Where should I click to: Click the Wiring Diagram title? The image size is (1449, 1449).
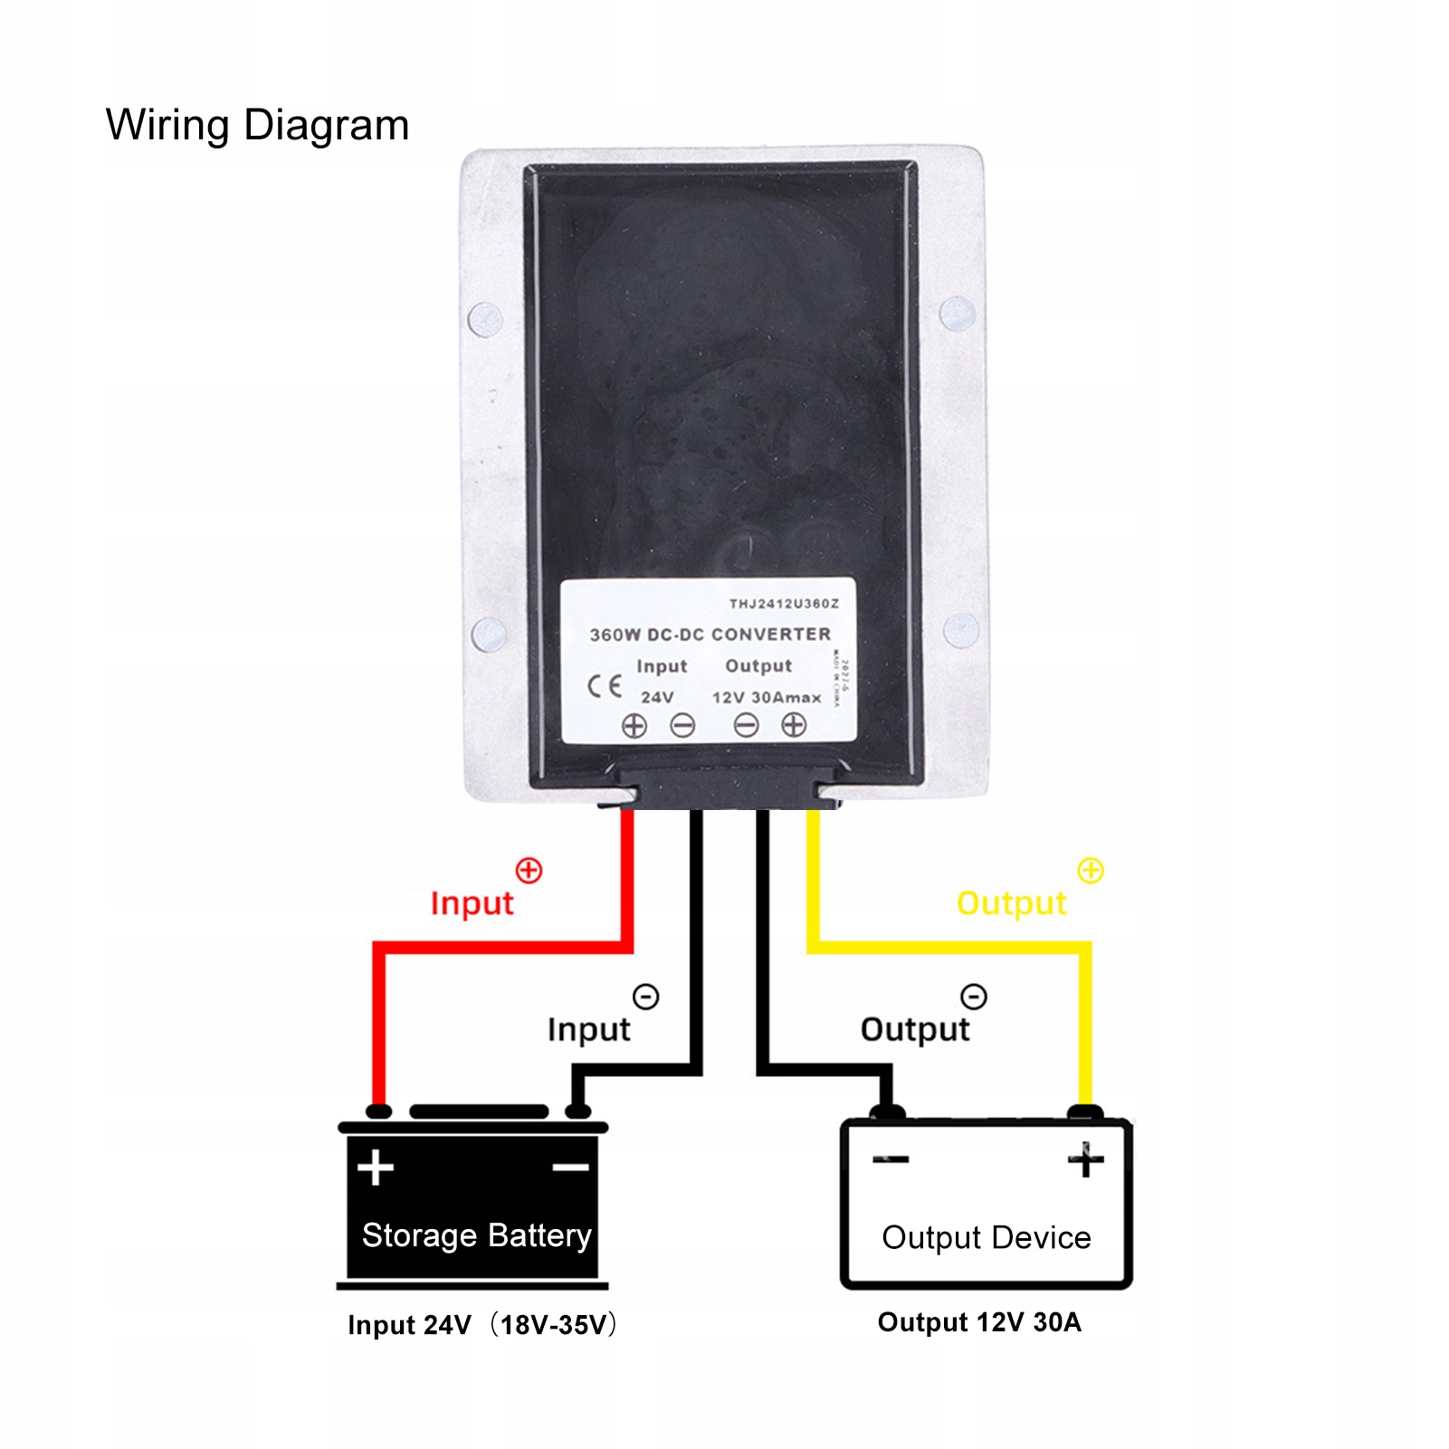(257, 125)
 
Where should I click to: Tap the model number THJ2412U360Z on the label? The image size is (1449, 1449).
(784, 604)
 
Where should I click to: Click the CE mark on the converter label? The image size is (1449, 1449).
(604, 686)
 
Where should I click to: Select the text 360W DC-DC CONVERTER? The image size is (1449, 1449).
(710, 634)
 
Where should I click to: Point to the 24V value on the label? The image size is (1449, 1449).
(657, 698)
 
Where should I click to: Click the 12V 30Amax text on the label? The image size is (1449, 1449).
(766, 698)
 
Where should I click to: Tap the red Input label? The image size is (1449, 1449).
(472, 903)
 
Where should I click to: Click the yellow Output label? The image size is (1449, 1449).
(1011, 903)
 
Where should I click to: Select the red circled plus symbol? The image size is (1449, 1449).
(529, 871)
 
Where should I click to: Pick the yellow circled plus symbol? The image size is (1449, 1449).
(1091, 871)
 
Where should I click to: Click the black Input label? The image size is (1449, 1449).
(588, 1030)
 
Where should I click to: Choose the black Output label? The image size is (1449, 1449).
(914, 1030)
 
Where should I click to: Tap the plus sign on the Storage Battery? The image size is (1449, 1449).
(375, 1168)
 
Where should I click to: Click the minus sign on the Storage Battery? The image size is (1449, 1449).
(570, 1168)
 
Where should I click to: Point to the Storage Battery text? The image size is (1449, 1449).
(476, 1235)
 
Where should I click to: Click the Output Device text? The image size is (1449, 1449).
(987, 1237)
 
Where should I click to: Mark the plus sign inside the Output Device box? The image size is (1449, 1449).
(1086, 1159)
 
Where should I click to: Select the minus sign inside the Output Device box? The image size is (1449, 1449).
(891, 1159)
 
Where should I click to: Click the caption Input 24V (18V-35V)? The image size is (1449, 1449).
(481, 1325)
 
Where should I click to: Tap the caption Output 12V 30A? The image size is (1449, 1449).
(979, 1322)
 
